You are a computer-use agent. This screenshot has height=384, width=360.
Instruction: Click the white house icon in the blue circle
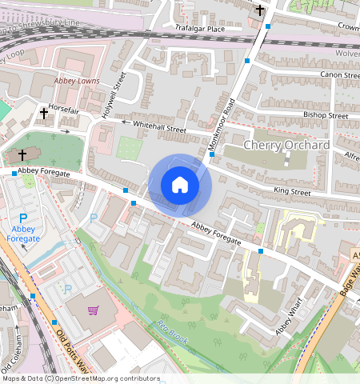[x=180, y=186]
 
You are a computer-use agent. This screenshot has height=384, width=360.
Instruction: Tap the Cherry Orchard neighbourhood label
[x=286, y=145]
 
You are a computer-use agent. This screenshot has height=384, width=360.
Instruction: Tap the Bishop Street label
[x=326, y=115]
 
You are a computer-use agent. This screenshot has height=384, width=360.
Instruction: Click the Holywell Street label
[x=114, y=95]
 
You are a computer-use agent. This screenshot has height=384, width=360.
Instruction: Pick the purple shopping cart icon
[x=94, y=310]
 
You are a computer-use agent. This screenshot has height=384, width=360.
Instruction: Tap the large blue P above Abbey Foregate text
[x=23, y=218]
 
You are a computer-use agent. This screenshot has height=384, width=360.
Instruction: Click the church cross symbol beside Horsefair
[x=44, y=114]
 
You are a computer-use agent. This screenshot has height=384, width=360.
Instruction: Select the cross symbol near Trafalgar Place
[x=260, y=10]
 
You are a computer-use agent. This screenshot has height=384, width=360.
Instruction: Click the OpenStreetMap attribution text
[x=80, y=378]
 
